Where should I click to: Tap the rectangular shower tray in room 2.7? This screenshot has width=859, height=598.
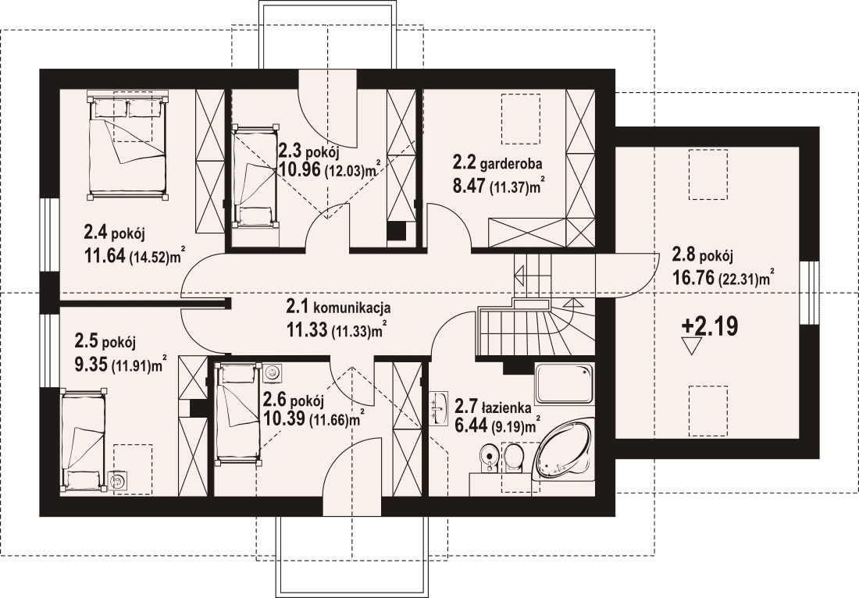[x=564, y=383]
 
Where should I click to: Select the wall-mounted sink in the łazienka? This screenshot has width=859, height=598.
[x=438, y=408]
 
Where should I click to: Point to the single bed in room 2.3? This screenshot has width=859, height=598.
[x=255, y=176]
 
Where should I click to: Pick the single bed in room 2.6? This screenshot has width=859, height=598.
[x=237, y=413]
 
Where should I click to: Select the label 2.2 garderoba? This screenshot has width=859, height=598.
[x=497, y=163]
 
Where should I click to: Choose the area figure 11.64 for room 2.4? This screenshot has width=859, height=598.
[x=105, y=255]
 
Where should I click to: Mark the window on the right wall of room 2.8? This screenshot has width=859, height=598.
[x=808, y=292]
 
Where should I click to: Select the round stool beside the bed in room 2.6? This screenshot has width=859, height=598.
[x=270, y=372]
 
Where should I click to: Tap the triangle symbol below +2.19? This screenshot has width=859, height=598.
[x=691, y=346]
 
